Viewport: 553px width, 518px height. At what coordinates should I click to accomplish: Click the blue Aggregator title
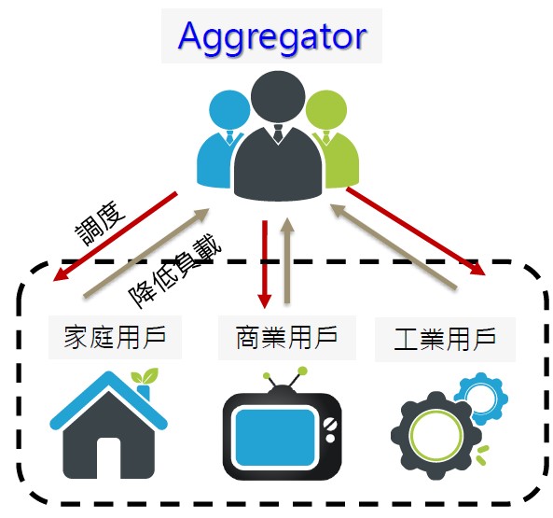coord(272,37)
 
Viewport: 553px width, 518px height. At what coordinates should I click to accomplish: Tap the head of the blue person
coord(229,110)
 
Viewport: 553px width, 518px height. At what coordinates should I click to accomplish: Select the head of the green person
coord(326,110)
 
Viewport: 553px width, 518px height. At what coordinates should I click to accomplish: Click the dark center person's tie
coord(278,133)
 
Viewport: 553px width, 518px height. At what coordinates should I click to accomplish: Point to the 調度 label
coord(101,223)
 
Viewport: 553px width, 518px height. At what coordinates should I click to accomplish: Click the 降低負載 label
coord(175,271)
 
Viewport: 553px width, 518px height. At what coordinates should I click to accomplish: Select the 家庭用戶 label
coord(115,337)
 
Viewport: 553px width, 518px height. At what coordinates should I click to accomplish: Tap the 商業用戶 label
coord(286,337)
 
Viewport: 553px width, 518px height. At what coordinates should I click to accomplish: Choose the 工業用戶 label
coord(445,339)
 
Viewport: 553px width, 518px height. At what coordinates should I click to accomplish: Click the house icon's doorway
coord(108,457)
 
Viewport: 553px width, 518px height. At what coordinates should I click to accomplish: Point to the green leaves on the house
coord(145,376)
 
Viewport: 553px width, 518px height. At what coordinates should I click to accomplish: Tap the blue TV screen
coord(275,437)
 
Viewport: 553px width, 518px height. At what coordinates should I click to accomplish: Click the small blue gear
coord(481,399)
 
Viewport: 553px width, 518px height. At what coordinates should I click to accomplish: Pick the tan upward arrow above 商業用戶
coord(287,260)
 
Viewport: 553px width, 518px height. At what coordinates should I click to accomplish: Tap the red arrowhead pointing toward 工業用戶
coord(477,268)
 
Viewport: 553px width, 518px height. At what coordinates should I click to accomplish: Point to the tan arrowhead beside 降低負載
coord(201,214)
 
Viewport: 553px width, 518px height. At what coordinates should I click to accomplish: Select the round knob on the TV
coord(330,439)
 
